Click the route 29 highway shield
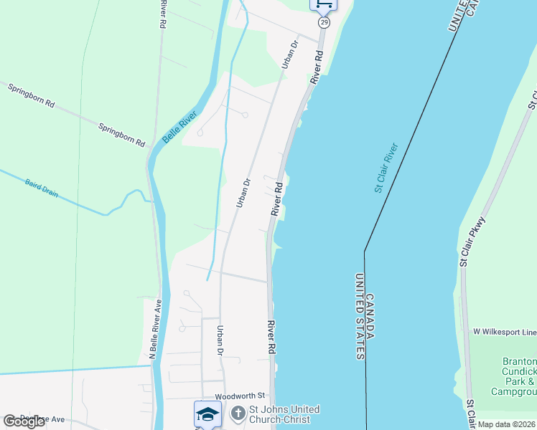(324, 23)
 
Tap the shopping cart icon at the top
(324, 5)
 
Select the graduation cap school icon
(207, 414)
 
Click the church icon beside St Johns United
(238, 414)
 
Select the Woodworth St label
(240, 396)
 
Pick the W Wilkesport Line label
(504, 332)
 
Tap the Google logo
(24, 421)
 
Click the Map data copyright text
(507, 424)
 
